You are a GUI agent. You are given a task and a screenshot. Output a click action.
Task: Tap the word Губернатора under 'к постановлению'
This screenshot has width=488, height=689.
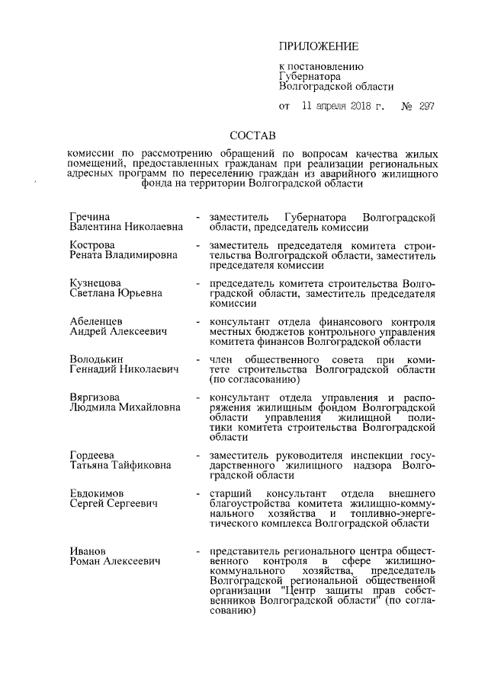(x=309, y=76)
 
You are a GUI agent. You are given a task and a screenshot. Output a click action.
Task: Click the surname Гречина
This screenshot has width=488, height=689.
(x=90, y=218)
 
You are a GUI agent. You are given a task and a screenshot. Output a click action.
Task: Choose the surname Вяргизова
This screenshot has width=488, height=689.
(x=95, y=397)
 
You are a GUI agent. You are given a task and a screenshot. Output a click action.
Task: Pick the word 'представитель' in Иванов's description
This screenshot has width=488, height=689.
(x=248, y=550)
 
